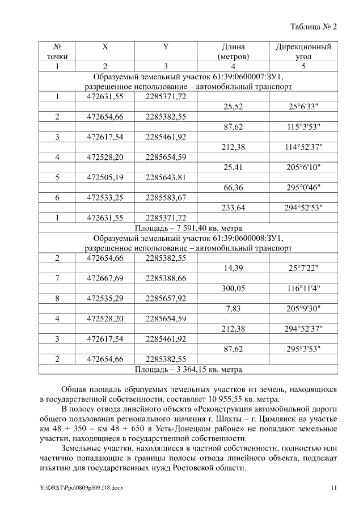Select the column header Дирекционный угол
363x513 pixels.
(303, 52)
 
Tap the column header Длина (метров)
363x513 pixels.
(234, 52)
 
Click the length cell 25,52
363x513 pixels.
(234, 107)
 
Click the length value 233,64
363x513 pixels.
(234, 208)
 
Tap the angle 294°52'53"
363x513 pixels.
(304, 208)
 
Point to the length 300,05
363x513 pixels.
(234, 289)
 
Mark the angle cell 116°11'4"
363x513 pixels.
(304, 289)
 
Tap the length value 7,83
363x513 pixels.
(234, 309)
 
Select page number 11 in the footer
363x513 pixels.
(334, 488)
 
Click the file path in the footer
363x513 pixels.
(81, 488)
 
